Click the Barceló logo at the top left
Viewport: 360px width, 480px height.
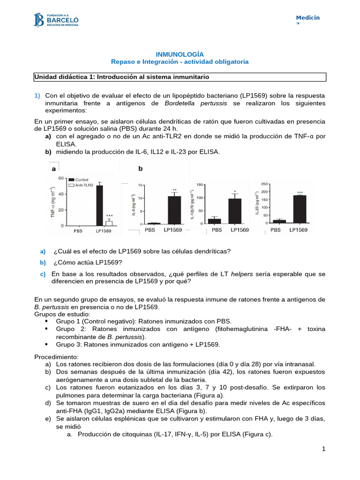point(57,20)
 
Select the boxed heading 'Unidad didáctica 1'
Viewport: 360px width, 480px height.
point(121,76)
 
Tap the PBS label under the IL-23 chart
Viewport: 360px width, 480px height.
point(276,230)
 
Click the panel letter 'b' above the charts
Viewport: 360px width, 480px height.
point(140,169)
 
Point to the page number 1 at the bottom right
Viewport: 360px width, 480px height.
point(323,450)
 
